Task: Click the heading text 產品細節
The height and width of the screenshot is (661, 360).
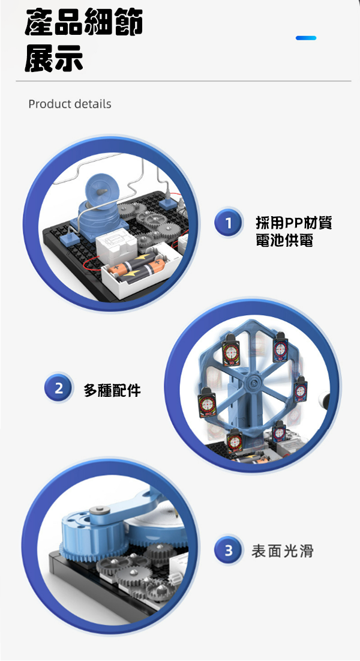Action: tap(84, 22)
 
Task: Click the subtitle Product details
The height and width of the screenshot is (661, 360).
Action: tap(70, 104)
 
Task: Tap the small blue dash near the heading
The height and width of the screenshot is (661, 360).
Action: tap(306, 38)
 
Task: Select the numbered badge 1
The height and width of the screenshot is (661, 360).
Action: tap(228, 223)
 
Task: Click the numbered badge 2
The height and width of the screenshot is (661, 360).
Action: tap(58, 387)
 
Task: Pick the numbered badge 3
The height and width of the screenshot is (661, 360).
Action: tap(228, 550)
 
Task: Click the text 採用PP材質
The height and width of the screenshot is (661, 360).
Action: tap(294, 223)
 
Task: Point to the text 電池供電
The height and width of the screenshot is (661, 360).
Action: tap(284, 240)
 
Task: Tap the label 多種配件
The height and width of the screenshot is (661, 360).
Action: tap(112, 390)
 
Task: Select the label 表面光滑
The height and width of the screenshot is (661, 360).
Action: tap(283, 551)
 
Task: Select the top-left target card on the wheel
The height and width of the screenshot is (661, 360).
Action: tap(231, 349)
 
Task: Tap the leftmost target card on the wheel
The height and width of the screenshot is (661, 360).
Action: tap(206, 402)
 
